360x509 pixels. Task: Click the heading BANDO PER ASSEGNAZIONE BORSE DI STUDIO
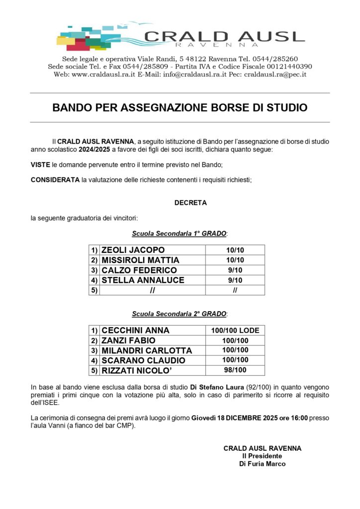pos(180,107)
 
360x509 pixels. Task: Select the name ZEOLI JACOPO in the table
pos(133,250)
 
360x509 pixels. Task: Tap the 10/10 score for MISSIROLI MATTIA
pos(235,260)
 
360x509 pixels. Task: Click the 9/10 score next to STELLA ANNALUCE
pos(235,280)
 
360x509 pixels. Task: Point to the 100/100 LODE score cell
pos(235,330)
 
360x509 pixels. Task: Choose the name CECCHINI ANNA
pos(135,330)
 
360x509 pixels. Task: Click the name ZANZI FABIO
pos(128,340)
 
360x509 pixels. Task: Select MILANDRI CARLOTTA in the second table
pos(146,350)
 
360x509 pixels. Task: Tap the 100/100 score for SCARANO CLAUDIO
pos(235,360)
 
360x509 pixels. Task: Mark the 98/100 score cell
pos(235,370)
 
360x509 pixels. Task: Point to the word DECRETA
pos(190,203)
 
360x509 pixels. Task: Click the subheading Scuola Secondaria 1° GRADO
pos(179,233)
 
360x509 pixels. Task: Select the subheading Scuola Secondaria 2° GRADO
pos(179,314)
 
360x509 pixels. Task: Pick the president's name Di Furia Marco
pos(262,464)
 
